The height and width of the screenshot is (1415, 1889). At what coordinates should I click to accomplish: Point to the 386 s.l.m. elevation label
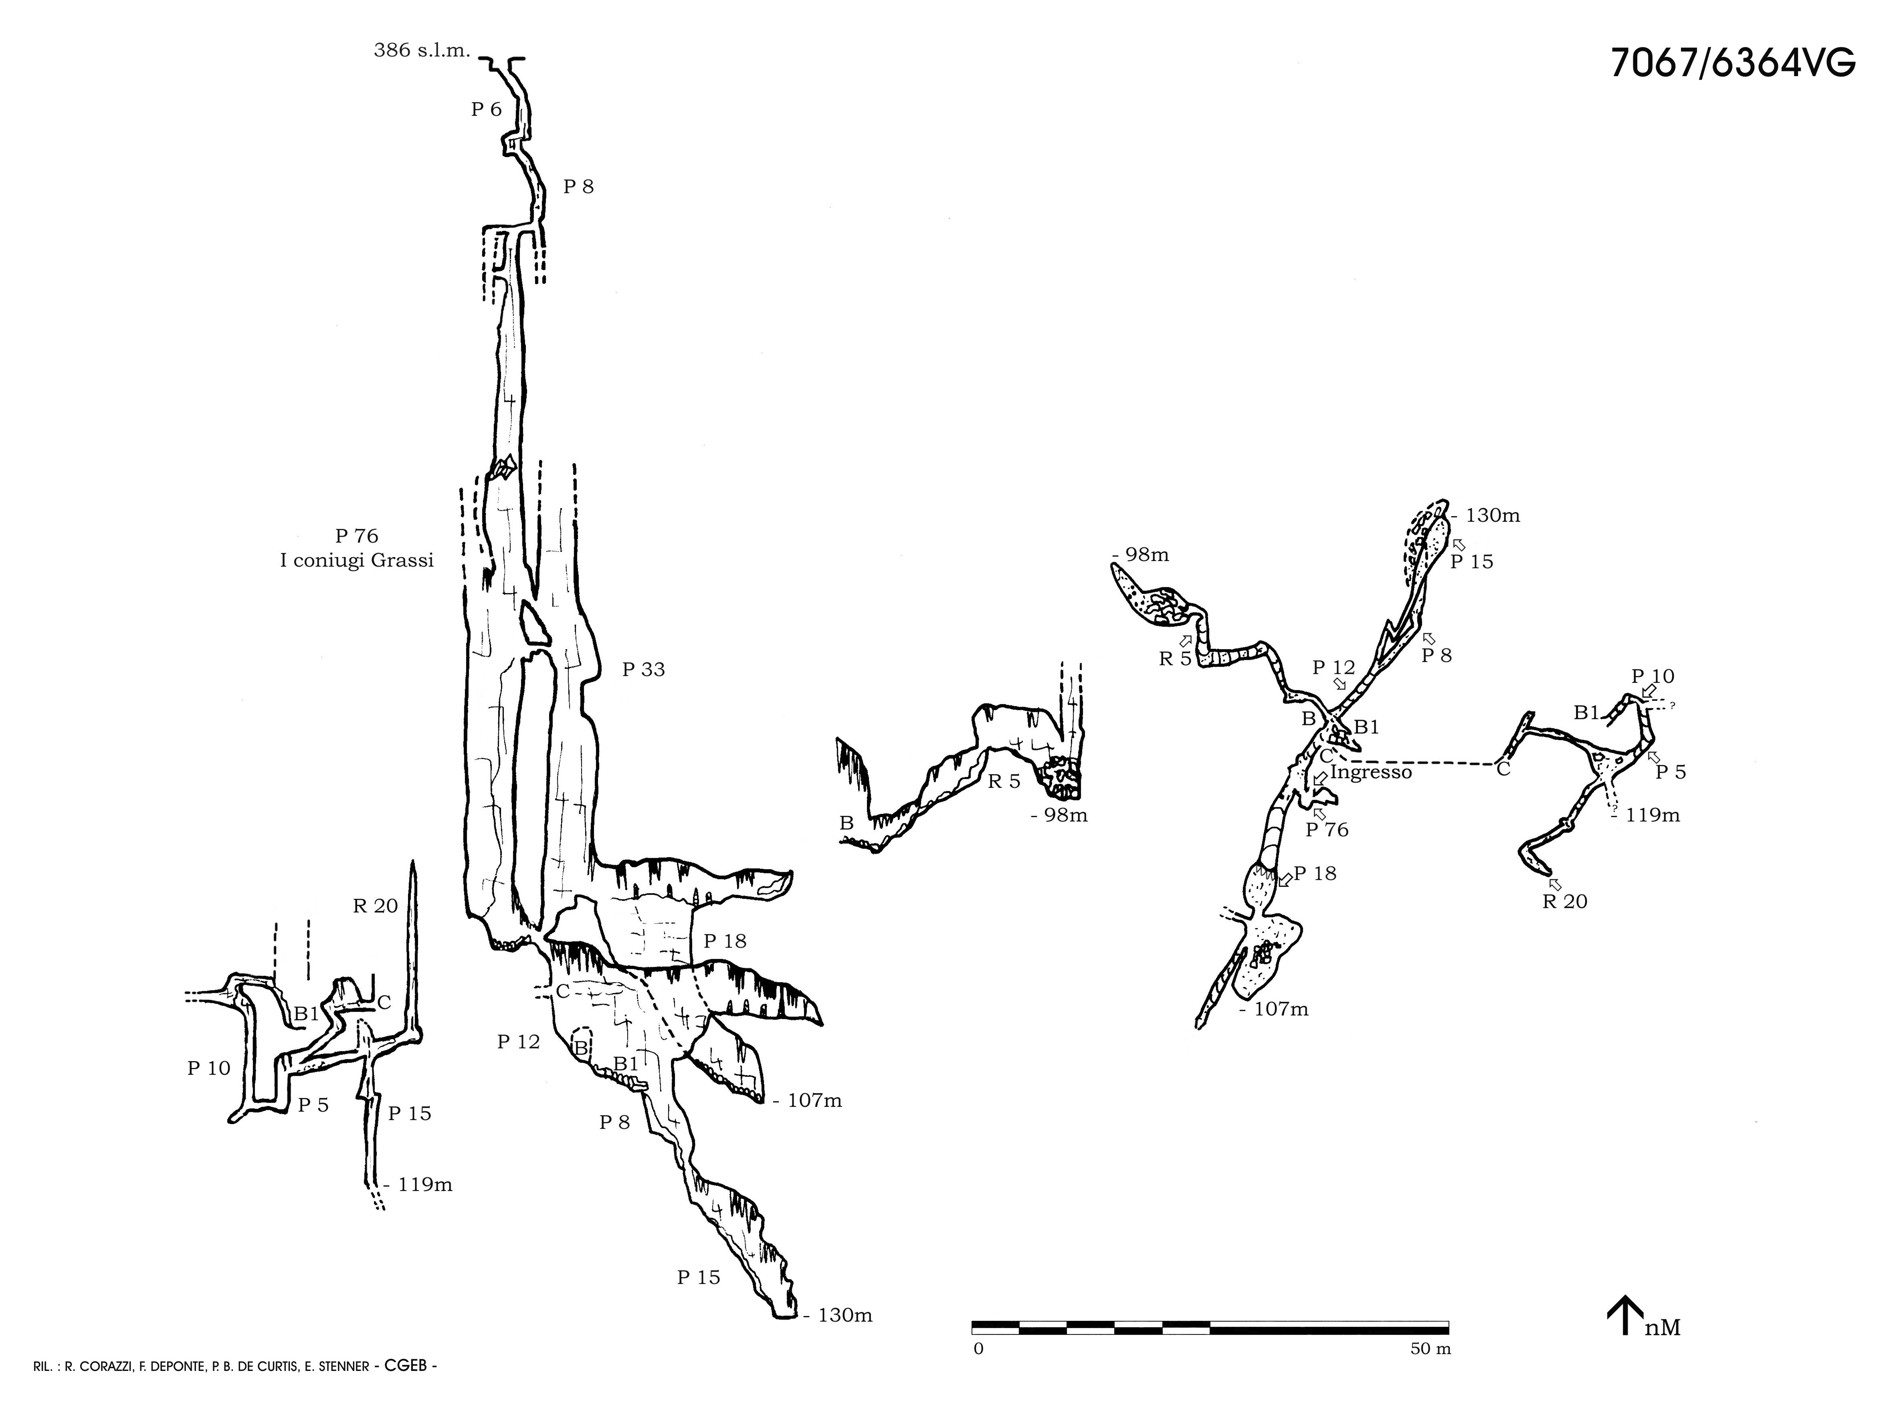pos(422,50)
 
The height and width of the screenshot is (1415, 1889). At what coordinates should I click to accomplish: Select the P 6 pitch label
pos(486,109)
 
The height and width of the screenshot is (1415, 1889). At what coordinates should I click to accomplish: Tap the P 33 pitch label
pos(643,670)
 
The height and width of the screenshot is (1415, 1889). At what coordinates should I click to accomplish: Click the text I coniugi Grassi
pos(357,561)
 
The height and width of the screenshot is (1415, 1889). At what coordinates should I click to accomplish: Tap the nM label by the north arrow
pos(1662,1328)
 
